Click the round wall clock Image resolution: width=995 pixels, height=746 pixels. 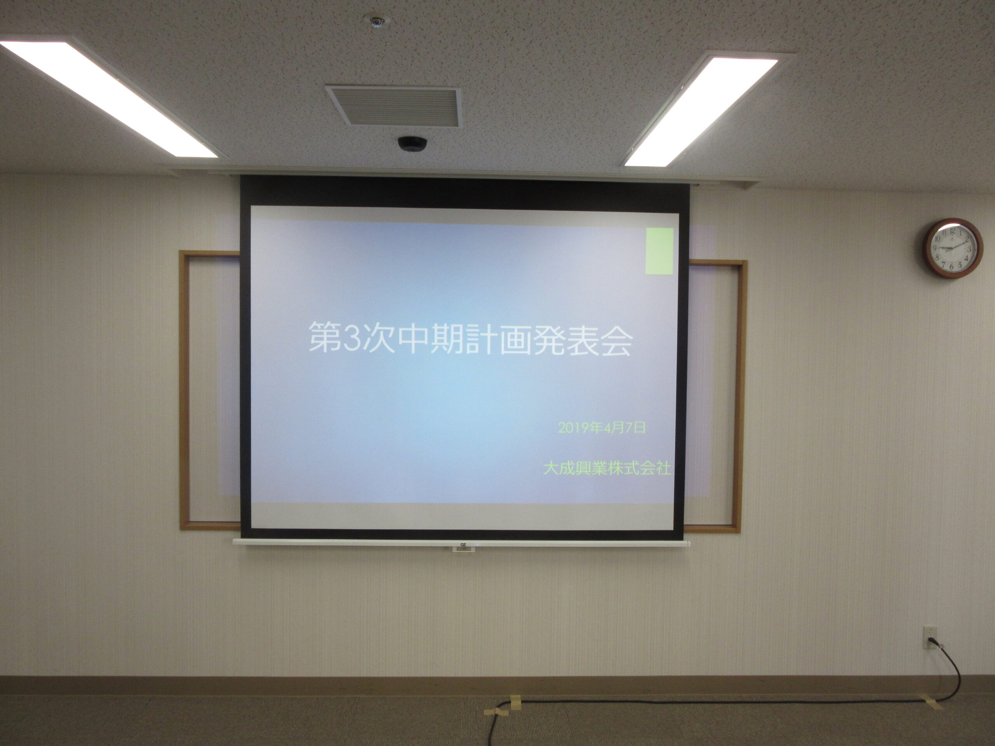point(952,248)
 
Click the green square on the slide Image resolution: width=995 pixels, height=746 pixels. point(660,251)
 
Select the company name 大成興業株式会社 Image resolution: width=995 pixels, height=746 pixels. point(607,468)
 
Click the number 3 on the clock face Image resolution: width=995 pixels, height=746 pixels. point(969,249)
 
